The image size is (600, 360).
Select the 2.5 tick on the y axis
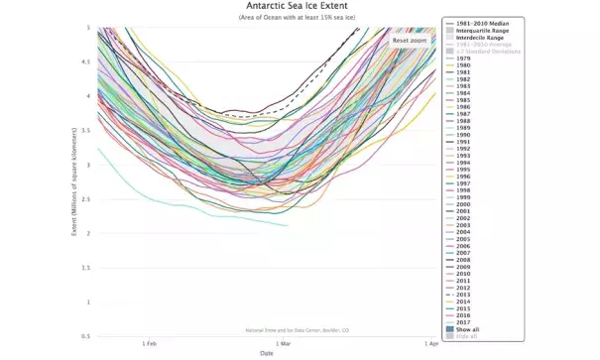(88, 199)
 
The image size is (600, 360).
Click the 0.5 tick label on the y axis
(88, 336)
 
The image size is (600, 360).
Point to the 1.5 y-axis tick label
(88, 268)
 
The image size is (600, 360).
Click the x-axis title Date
(267, 352)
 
